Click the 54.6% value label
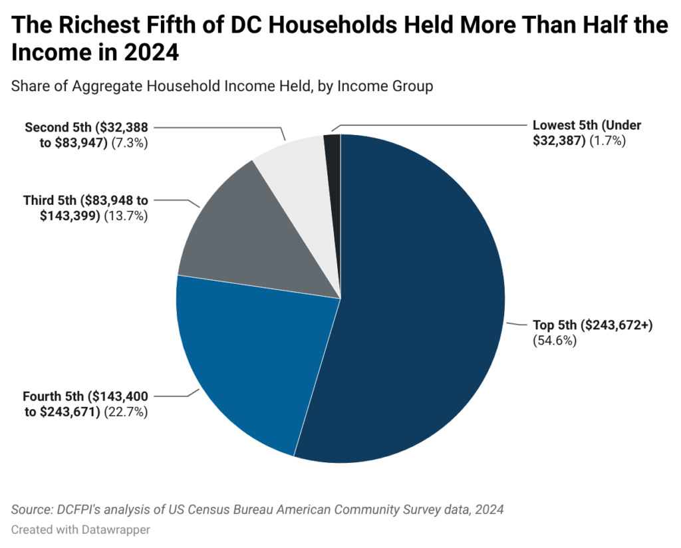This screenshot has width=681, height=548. (x=554, y=341)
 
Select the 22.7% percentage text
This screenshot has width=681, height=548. (x=126, y=412)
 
